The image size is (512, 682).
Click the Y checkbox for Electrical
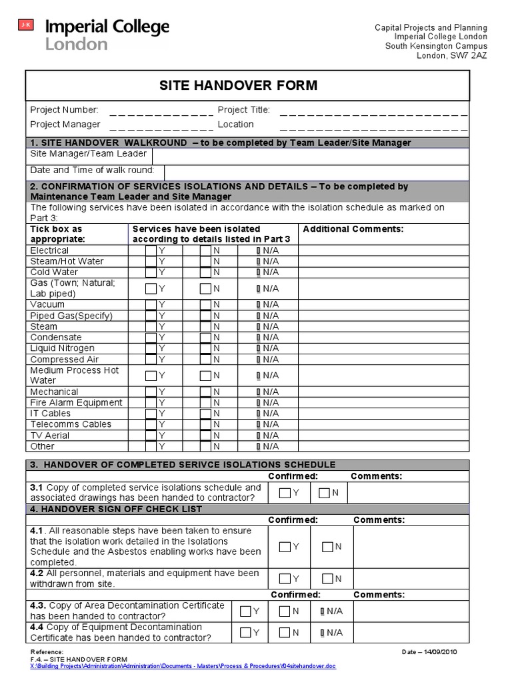(151, 250)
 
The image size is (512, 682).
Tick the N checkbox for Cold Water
(206, 272)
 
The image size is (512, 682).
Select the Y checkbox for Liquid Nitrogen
(151, 348)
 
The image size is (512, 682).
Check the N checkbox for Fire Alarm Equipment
(206, 402)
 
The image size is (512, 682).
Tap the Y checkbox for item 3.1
(285, 493)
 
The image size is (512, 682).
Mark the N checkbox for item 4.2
(327, 578)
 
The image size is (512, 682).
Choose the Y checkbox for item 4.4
(246, 632)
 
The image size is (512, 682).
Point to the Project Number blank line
(161, 111)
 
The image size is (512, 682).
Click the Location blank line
(373, 126)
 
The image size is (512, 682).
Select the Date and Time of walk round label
(92, 170)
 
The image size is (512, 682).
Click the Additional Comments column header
(353, 229)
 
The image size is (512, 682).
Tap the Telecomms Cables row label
(71, 424)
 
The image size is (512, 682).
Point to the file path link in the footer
(183, 666)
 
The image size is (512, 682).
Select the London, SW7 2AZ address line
(451, 56)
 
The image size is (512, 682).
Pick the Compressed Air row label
(64, 360)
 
